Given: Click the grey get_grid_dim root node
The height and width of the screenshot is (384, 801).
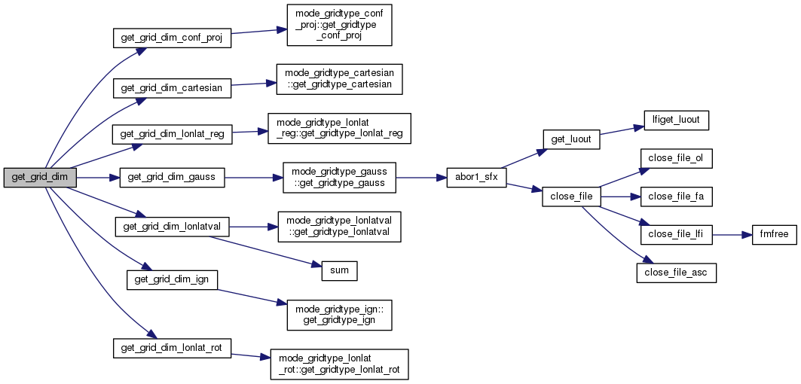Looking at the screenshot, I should pos(39,178).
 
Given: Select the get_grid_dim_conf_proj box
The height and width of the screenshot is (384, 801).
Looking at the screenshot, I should pos(171,38).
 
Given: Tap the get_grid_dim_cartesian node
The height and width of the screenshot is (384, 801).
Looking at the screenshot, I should pos(172,87).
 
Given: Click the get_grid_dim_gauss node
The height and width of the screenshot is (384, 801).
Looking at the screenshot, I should pos(172,178).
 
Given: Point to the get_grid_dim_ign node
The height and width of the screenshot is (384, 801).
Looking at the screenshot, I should pos(172,279).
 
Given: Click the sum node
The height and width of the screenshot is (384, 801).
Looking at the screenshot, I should pos(339,270).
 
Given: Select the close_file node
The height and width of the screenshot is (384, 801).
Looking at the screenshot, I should pos(571,197).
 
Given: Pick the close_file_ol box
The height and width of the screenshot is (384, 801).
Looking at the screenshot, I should pos(676,159).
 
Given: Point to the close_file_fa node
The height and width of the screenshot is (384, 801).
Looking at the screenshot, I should pos(676,197).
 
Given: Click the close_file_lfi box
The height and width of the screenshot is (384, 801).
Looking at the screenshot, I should pos(676,234).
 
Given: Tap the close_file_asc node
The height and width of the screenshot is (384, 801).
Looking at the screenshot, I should pos(676,272).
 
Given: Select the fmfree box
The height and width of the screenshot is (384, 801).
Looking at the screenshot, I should pos(772,234).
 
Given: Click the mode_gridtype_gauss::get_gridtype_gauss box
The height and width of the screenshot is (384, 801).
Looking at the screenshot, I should pos(339,178).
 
